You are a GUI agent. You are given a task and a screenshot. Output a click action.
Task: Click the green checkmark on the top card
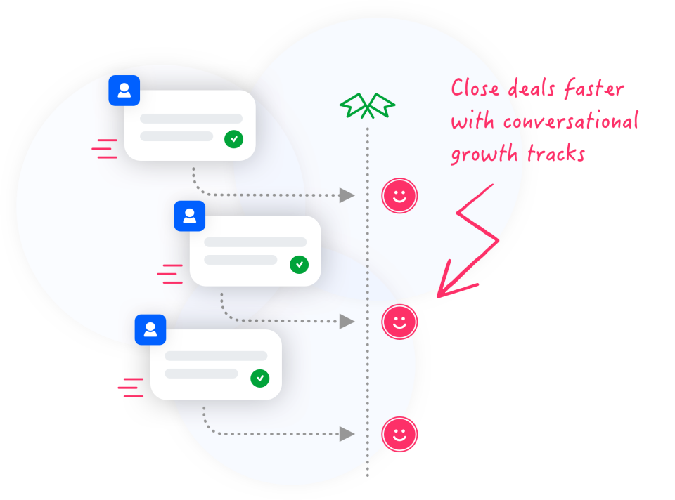coord(233,138)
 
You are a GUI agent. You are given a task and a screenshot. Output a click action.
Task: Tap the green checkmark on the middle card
coord(299,264)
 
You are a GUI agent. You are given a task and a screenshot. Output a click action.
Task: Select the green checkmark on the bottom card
coord(259,378)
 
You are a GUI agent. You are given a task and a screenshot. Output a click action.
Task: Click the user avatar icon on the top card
coord(124,91)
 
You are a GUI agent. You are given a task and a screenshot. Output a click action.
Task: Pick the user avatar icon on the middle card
coord(189,216)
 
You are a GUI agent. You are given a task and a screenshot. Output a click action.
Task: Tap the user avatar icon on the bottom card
coord(150,329)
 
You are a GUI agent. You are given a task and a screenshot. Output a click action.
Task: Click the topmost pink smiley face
coord(399,196)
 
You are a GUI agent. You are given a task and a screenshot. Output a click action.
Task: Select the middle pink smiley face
coord(399,322)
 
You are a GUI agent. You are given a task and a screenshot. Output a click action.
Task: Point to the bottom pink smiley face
coord(399,434)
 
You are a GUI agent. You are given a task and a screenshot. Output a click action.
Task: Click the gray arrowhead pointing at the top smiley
coord(347,195)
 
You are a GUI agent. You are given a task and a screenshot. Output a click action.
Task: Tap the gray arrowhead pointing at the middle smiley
coord(347,322)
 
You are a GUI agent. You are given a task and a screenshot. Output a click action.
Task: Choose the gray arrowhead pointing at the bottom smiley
coord(347,434)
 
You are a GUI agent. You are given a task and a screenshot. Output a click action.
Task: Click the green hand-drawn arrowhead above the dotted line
coord(367,106)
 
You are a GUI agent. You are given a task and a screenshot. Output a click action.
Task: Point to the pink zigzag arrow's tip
coord(440,295)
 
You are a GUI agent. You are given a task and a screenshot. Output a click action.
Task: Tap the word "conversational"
coord(570,121)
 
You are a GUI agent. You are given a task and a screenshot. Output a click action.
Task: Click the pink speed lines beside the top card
coord(105,149)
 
